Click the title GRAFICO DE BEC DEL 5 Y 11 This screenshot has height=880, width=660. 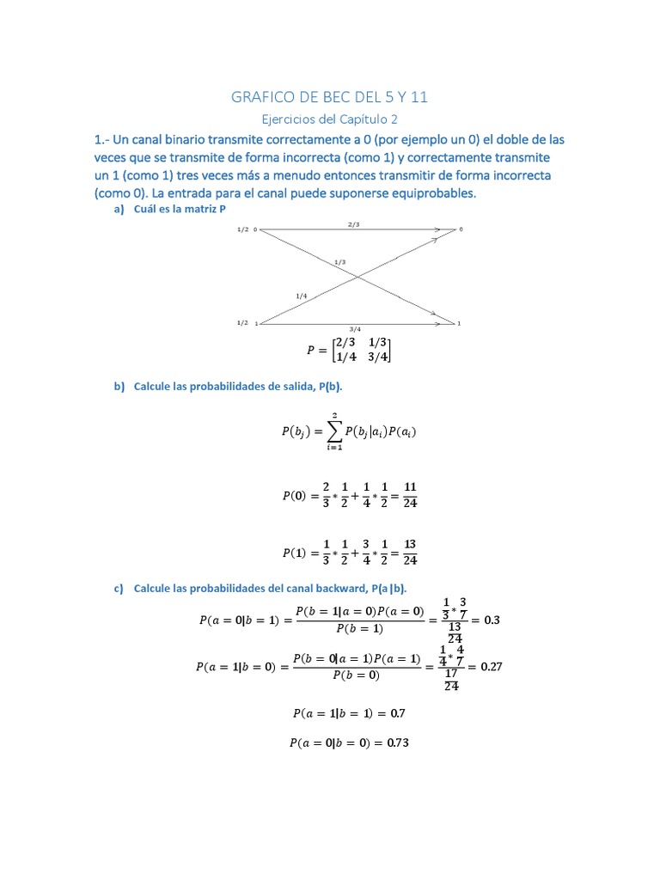(x=330, y=98)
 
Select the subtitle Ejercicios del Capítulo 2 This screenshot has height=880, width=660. (x=330, y=120)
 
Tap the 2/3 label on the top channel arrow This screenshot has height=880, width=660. (x=354, y=224)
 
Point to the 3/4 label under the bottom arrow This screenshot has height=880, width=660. (x=355, y=329)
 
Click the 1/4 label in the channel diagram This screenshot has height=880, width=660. (x=301, y=296)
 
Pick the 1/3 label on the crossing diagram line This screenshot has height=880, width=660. (x=340, y=261)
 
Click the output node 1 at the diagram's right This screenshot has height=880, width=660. (x=461, y=323)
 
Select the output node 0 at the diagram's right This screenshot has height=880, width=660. (x=461, y=229)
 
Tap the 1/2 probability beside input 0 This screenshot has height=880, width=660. (x=242, y=229)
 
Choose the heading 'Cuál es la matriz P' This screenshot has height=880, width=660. (x=180, y=209)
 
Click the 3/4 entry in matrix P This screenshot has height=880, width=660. (x=376, y=357)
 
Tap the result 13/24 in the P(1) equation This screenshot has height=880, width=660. (x=409, y=553)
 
